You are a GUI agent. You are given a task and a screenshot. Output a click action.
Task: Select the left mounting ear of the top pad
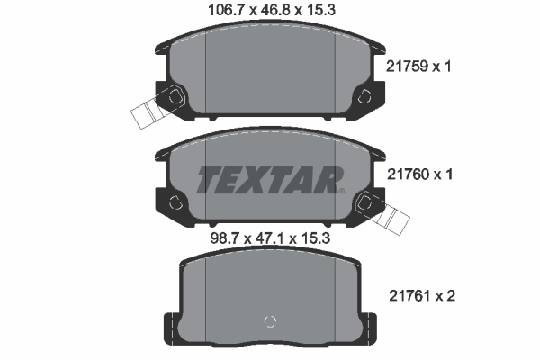[172, 98]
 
